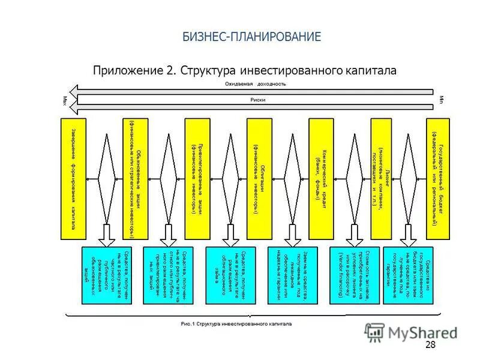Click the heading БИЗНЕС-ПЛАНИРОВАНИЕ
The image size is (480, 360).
click(252, 37)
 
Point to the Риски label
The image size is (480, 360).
click(257, 100)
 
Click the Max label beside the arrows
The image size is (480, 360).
click(65, 100)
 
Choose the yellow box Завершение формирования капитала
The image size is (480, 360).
click(73, 178)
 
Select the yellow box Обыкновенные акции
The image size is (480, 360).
click(135, 178)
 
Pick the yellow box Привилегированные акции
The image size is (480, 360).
click(197, 178)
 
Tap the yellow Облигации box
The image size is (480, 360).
click(259, 178)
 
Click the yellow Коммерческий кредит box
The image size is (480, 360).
click(321, 178)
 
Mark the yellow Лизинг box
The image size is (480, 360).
click(383, 178)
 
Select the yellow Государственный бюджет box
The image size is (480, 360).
click(437, 178)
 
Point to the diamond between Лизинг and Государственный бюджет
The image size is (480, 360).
click(410, 178)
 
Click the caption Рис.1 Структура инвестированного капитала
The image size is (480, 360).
click(236, 324)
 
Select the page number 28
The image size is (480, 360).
click(430, 344)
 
